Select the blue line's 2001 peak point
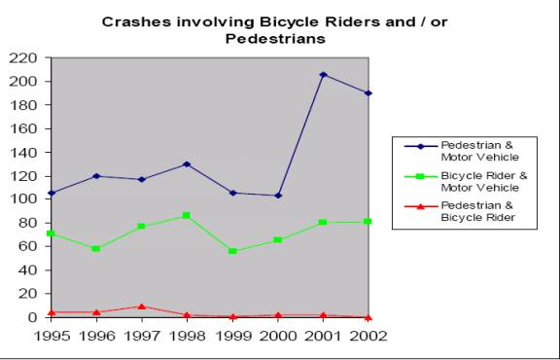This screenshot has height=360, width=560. (x=323, y=75)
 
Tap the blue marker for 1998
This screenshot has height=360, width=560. (x=187, y=163)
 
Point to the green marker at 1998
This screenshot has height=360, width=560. (x=187, y=215)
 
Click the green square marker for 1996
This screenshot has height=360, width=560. (x=95, y=249)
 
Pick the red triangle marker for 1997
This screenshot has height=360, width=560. (x=141, y=306)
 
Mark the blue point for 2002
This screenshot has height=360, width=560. (x=368, y=93)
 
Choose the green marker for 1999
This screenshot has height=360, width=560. (x=232, y=251)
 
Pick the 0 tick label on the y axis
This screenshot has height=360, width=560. (x=33, y=317)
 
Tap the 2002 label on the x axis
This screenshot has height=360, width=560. (x=368, y=336)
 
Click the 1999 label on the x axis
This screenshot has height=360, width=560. (x=232, y=336)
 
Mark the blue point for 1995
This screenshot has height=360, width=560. (x=51, y=193)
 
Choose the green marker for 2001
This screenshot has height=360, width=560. (x=323, y=223)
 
